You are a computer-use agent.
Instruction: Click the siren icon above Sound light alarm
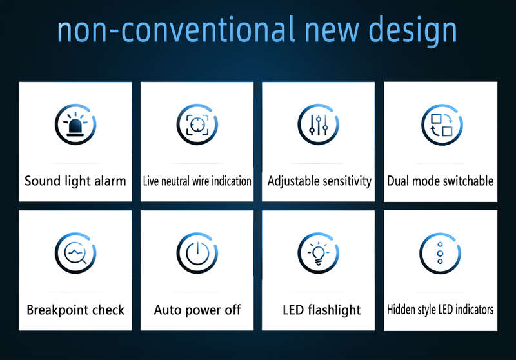(x=75, y=125)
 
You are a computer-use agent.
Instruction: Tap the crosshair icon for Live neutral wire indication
(x=197, y=125)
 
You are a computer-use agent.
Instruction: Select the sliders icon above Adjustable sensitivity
(x=318, y=125)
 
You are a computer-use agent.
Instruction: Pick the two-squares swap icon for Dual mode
(x=442, y=125)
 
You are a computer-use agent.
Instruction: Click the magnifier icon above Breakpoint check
(x=75, y=253)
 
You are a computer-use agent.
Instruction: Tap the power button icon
(x=197, y=253)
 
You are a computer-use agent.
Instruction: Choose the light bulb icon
(x=318, y=253)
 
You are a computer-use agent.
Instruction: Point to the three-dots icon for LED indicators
(x=440, y=254)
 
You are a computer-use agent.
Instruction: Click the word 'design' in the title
(x=413, y=30)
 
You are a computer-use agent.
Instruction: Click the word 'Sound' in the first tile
(x=43, y=181)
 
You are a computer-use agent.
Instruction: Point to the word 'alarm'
(x=110, y=181)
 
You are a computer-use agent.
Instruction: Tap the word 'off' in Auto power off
(x=233, y=310)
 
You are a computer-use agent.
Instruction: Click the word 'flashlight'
(x=334, y=310)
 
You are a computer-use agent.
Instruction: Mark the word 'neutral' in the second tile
(x=175, y=181)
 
